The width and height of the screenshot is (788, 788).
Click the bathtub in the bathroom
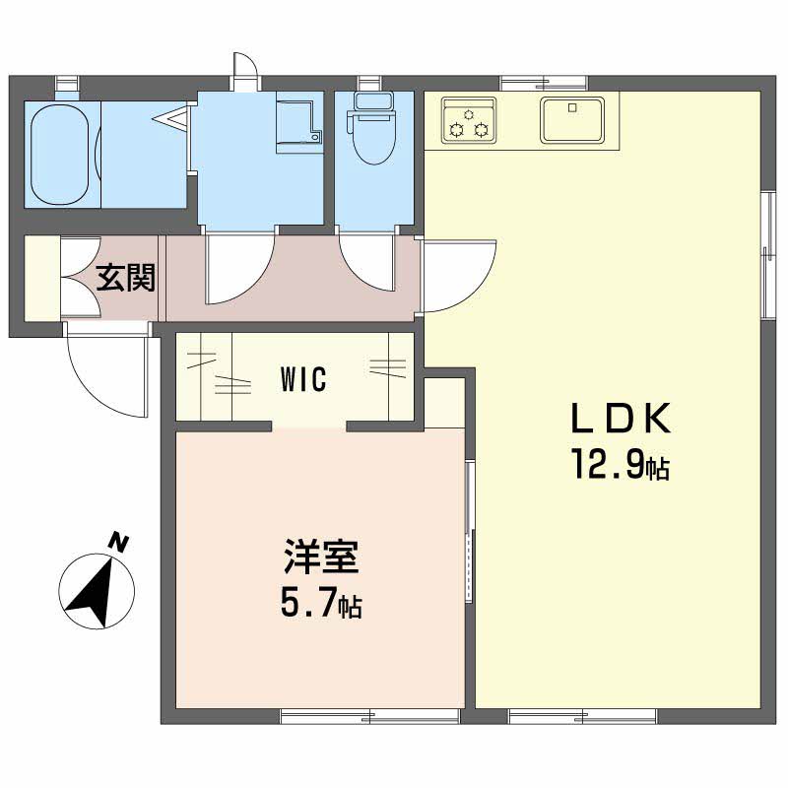point(60,155)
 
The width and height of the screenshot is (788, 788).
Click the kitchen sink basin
point(572,120)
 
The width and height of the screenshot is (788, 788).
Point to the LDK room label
point(621,418)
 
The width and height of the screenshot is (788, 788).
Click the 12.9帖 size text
point(620,465)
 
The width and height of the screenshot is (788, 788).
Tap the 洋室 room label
point(321,557)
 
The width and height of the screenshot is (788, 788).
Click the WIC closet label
point(303,379)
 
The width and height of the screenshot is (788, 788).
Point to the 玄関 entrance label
point(126,278)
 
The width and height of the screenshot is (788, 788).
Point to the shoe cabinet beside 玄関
point(42,278)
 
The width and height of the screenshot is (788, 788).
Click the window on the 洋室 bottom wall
point(370,716)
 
